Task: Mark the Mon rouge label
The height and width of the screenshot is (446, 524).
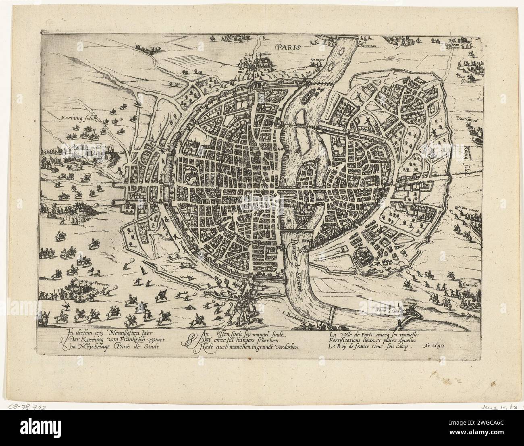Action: point(467,208)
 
